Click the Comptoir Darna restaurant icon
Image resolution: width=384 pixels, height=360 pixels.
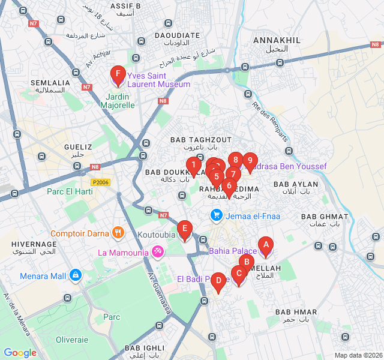[x=118, y=233]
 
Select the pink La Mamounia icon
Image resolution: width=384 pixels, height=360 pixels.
[x=158, y=251]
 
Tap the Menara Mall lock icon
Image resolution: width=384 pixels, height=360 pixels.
[x=75, y=275]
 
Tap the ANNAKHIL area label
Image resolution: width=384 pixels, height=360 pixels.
[x=277, y=40]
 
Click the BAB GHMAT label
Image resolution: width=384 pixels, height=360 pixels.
[x=325, y=217]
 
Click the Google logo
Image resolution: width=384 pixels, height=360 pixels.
[x=20, y=353]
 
